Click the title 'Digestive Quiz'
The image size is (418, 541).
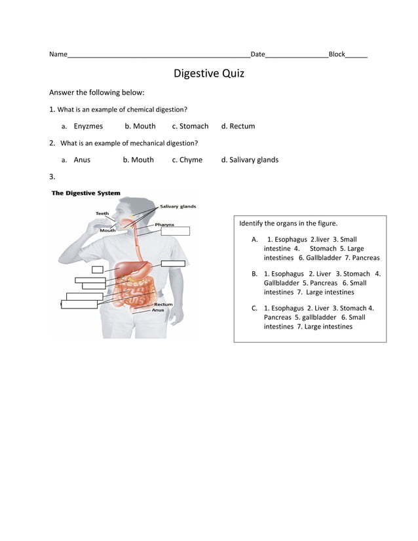208,73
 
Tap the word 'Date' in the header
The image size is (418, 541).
257,54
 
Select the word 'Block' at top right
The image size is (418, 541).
336,54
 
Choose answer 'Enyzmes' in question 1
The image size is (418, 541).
88,126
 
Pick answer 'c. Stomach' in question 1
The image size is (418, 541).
190,126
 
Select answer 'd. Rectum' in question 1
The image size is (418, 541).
238,126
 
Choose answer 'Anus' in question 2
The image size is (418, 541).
82,159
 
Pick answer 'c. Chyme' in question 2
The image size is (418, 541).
187,159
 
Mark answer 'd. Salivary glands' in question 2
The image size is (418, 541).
250,159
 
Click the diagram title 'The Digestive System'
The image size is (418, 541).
86,193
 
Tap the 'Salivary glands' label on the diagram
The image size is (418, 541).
178,206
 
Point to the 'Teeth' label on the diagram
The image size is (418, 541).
102,213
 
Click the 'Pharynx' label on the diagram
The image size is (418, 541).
164,224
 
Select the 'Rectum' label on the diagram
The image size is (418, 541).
163,305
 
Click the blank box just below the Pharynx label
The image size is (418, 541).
175,231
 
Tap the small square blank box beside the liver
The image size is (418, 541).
97,269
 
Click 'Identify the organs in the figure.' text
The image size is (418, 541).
288,223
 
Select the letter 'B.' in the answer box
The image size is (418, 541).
254,273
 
